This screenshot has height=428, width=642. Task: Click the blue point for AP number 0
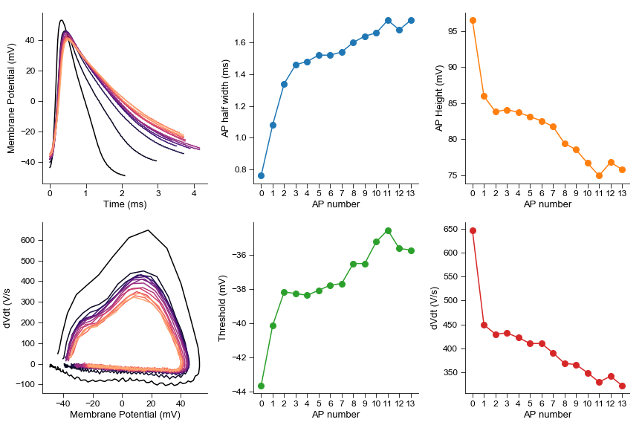(x=261, y=175)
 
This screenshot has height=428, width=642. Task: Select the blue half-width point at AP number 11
(x=389, y=20)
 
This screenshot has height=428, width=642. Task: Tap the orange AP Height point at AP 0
(x=473, y=20)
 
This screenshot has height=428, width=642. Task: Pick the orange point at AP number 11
(x=600, y=175)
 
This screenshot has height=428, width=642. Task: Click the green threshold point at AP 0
(x=261, y=386)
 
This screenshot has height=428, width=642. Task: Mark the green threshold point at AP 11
(x=389, y=230)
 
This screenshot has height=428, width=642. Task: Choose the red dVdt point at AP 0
(x=473, y=230)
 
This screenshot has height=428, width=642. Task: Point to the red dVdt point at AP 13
(x=623, y=386)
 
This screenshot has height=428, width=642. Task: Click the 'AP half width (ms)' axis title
(x=225, y=98)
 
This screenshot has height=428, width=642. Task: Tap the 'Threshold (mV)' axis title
(x=222, y=308)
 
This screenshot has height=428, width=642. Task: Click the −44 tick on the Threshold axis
(x=241, y=392)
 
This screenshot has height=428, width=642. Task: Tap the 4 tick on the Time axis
(x=194, y=192)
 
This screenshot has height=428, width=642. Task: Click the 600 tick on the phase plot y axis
(x=30, y=240)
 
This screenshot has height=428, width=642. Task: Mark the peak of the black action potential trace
(x=61, y=20)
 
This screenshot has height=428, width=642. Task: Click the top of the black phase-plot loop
(x=149, y=230)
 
